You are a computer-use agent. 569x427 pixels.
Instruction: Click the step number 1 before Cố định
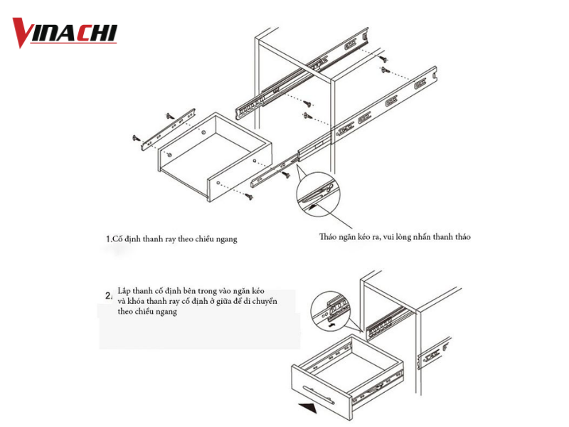point(108,239)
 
